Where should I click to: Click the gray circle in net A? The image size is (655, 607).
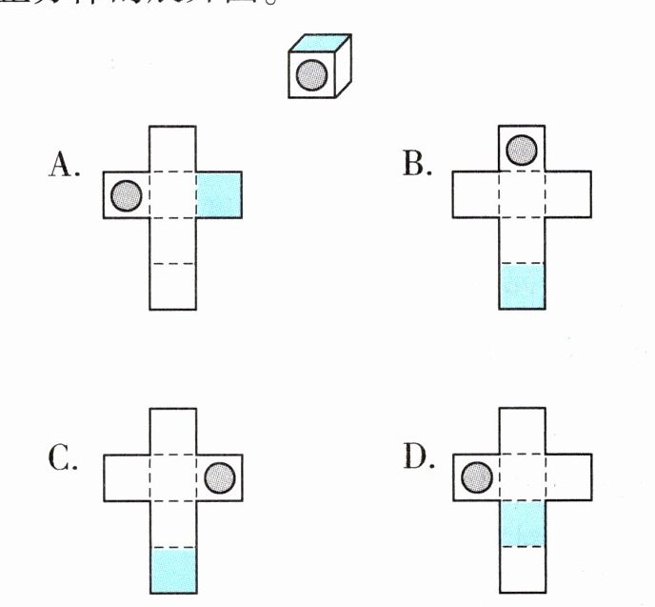coord(127,195)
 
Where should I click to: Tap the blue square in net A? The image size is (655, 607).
coord(220,195)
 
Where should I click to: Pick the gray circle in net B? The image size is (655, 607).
coord(522,149)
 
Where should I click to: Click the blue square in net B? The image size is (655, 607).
coord(523,286)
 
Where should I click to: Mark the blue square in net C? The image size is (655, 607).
coord(173,572)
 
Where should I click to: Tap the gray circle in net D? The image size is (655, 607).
coord(476,475)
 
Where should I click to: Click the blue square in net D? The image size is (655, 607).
coord(523,523)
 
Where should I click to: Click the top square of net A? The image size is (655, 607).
coord(173,149)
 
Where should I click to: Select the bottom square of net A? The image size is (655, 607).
coord(173,286)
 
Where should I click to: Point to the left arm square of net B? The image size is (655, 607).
coord(476,195)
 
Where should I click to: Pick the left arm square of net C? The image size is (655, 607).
coord(127,475)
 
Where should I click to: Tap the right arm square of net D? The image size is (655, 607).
coord(569,475)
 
